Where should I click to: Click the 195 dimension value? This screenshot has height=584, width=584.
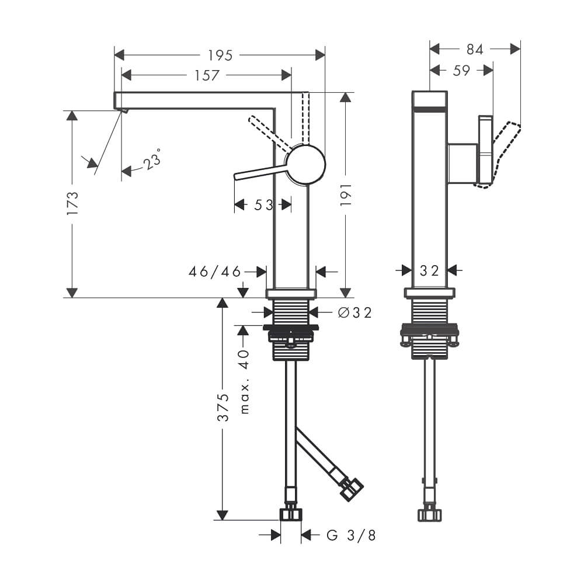(x=220, y=55)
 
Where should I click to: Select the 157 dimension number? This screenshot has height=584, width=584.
(x=207, y=75)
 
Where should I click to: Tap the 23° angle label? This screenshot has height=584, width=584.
(x=152, y=159)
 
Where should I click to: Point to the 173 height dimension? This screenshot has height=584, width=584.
(x=72, y=203)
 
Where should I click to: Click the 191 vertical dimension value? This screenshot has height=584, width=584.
(x=346, y=194)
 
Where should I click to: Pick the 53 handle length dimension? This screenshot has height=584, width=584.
(x=263, y=205)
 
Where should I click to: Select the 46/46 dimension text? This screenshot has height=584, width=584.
(x=215, y=272)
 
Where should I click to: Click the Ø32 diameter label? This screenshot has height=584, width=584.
(x=355, y=312)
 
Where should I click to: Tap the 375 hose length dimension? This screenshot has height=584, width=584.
(x=223, y=408)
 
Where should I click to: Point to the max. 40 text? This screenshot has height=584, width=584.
(x=244, y=382)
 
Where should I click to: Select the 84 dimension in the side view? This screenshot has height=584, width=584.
(x=475, y=50)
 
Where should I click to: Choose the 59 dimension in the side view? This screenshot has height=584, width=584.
(x=461, y=71)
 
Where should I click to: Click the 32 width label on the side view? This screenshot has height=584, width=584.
(x=429, y=271)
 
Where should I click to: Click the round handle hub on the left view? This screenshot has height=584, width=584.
(x=305, y=164)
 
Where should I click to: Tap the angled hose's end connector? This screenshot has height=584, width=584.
(x=352, y=489)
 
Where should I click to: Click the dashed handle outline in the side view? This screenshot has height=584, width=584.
(x=505, y=155)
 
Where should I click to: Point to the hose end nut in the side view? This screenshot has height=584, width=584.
(x=430, y=514)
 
